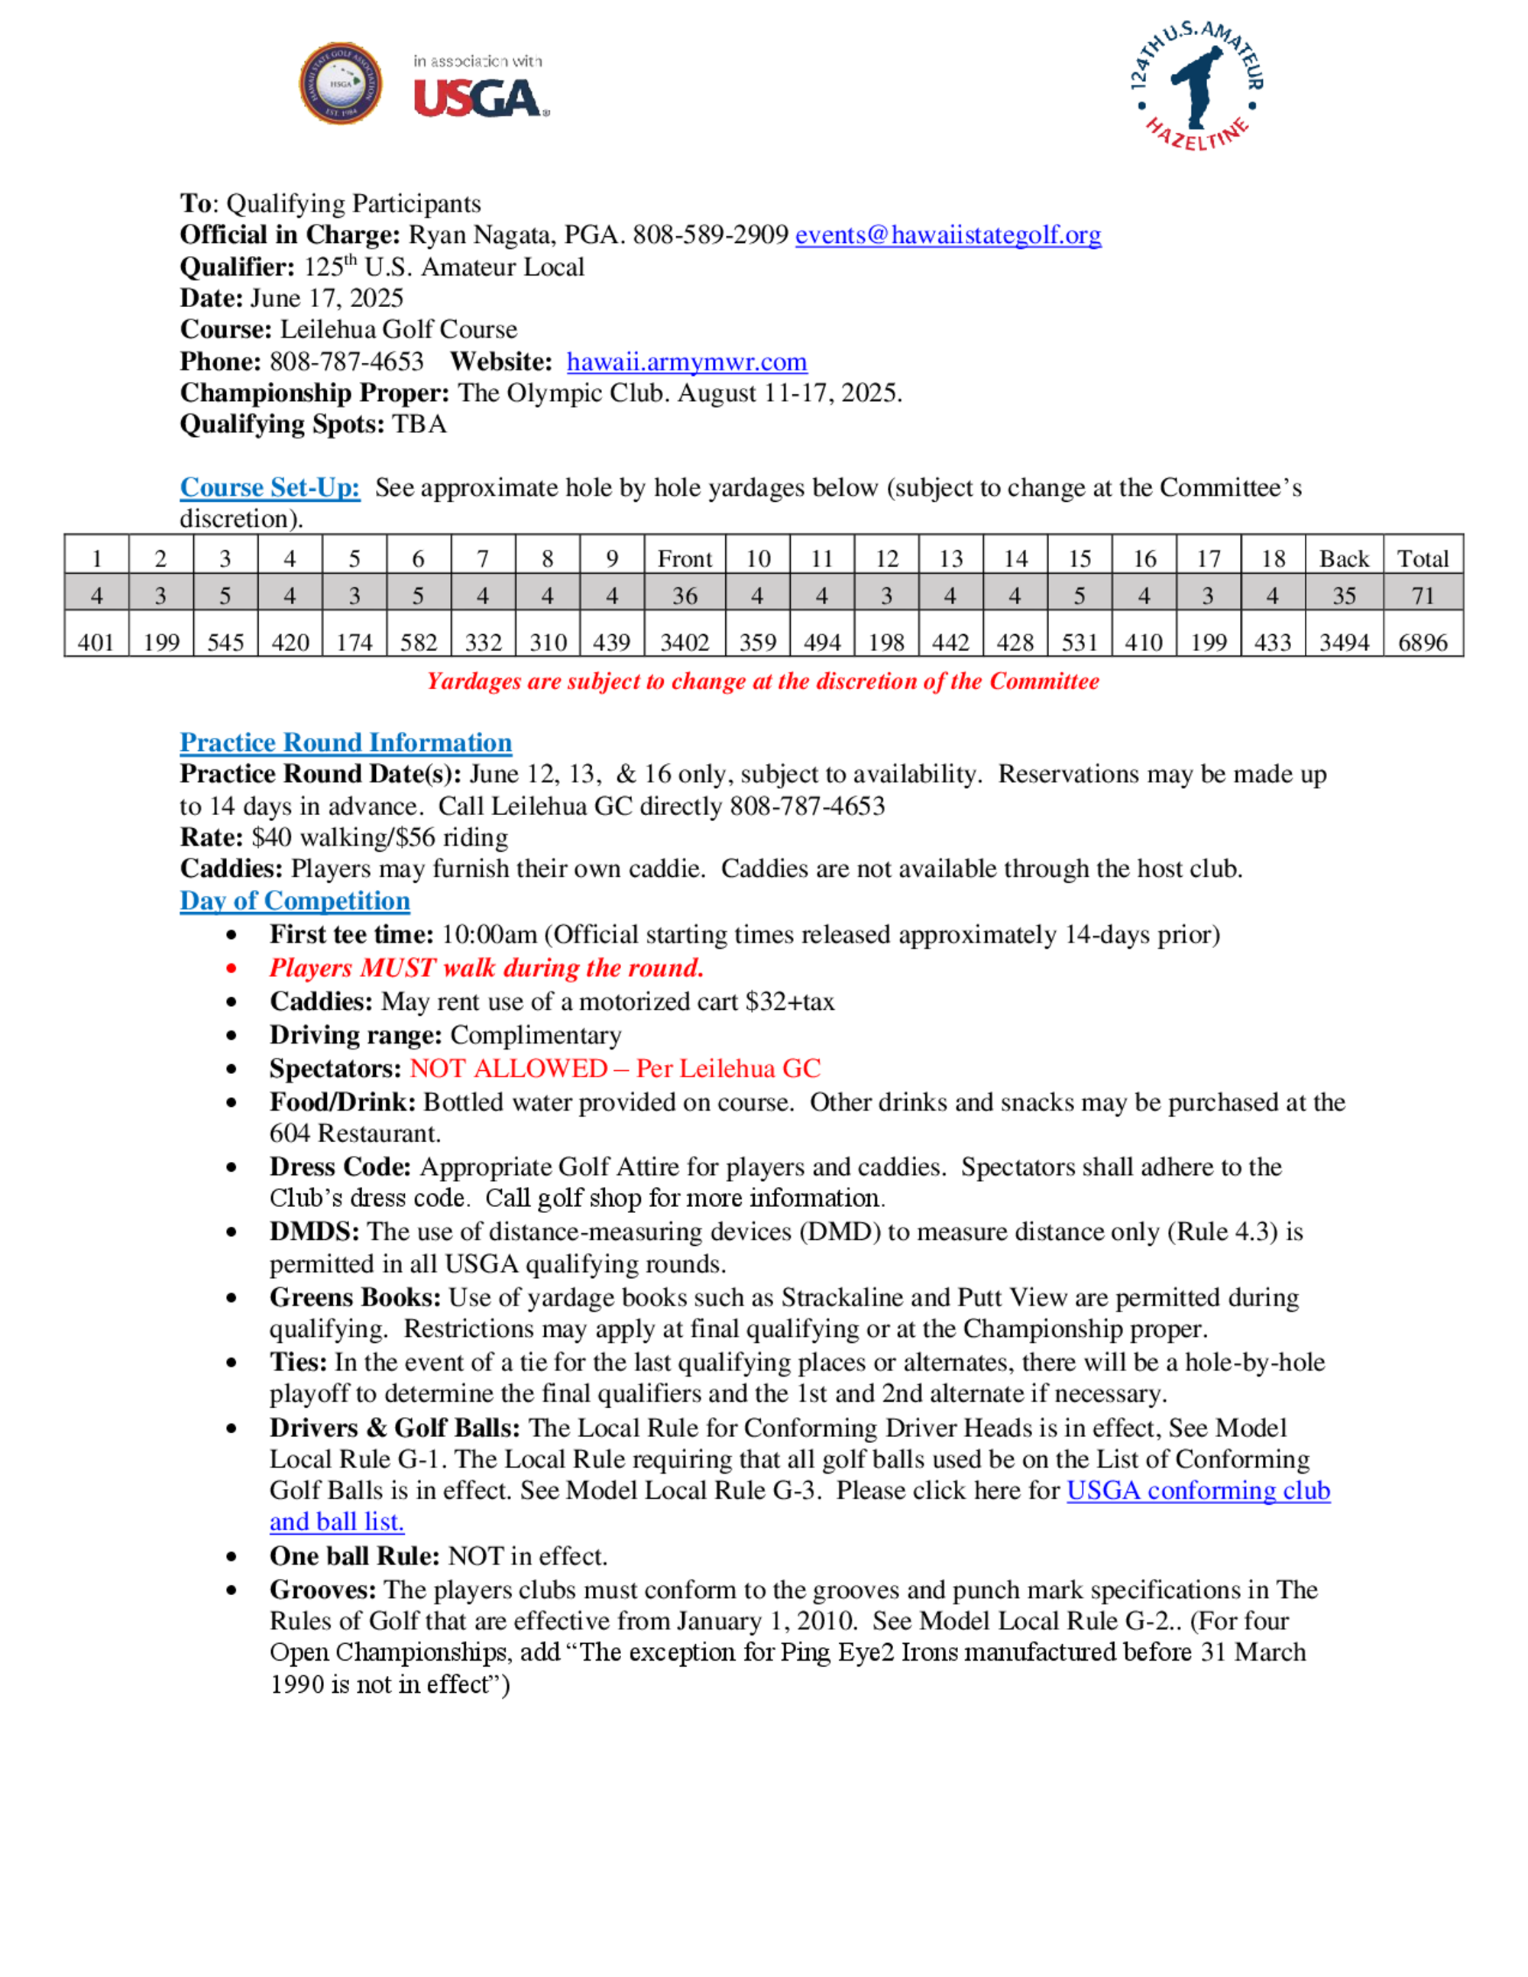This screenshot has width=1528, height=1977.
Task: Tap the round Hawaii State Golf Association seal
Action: (x=340, y=83)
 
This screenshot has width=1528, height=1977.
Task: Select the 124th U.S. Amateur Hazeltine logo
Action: (x=1196, y=86)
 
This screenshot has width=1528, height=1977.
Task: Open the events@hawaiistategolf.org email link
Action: (x=948, y=235)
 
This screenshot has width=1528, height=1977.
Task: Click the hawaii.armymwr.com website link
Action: (x=686, y=362)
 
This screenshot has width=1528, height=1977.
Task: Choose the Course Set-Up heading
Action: (x=270, y=488)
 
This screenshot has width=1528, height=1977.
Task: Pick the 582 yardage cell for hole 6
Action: (x=418, y=642)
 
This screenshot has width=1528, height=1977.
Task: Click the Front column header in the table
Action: (x=685, y=559)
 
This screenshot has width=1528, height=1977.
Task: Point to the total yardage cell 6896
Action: (x=1422, y=642)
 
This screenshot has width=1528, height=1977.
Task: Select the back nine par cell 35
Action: (x=1343, y=596)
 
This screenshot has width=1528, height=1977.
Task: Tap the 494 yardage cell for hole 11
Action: (x=822, y=642)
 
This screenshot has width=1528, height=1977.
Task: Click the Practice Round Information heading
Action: (x=346, y=743)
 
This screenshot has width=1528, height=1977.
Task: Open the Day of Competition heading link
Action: (x=294, y=901)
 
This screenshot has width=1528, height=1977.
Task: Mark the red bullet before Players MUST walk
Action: (x=233, y=969)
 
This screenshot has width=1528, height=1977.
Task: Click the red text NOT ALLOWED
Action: (x=508, y=1069)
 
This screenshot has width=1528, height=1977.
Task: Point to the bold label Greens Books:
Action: (x=354, y=1298)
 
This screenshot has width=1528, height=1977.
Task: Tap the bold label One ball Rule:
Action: (x=354, y=1557)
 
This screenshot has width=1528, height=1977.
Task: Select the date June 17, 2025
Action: (x=326, y=299)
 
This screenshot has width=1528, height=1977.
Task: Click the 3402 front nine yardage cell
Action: (x=685, y=642)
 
